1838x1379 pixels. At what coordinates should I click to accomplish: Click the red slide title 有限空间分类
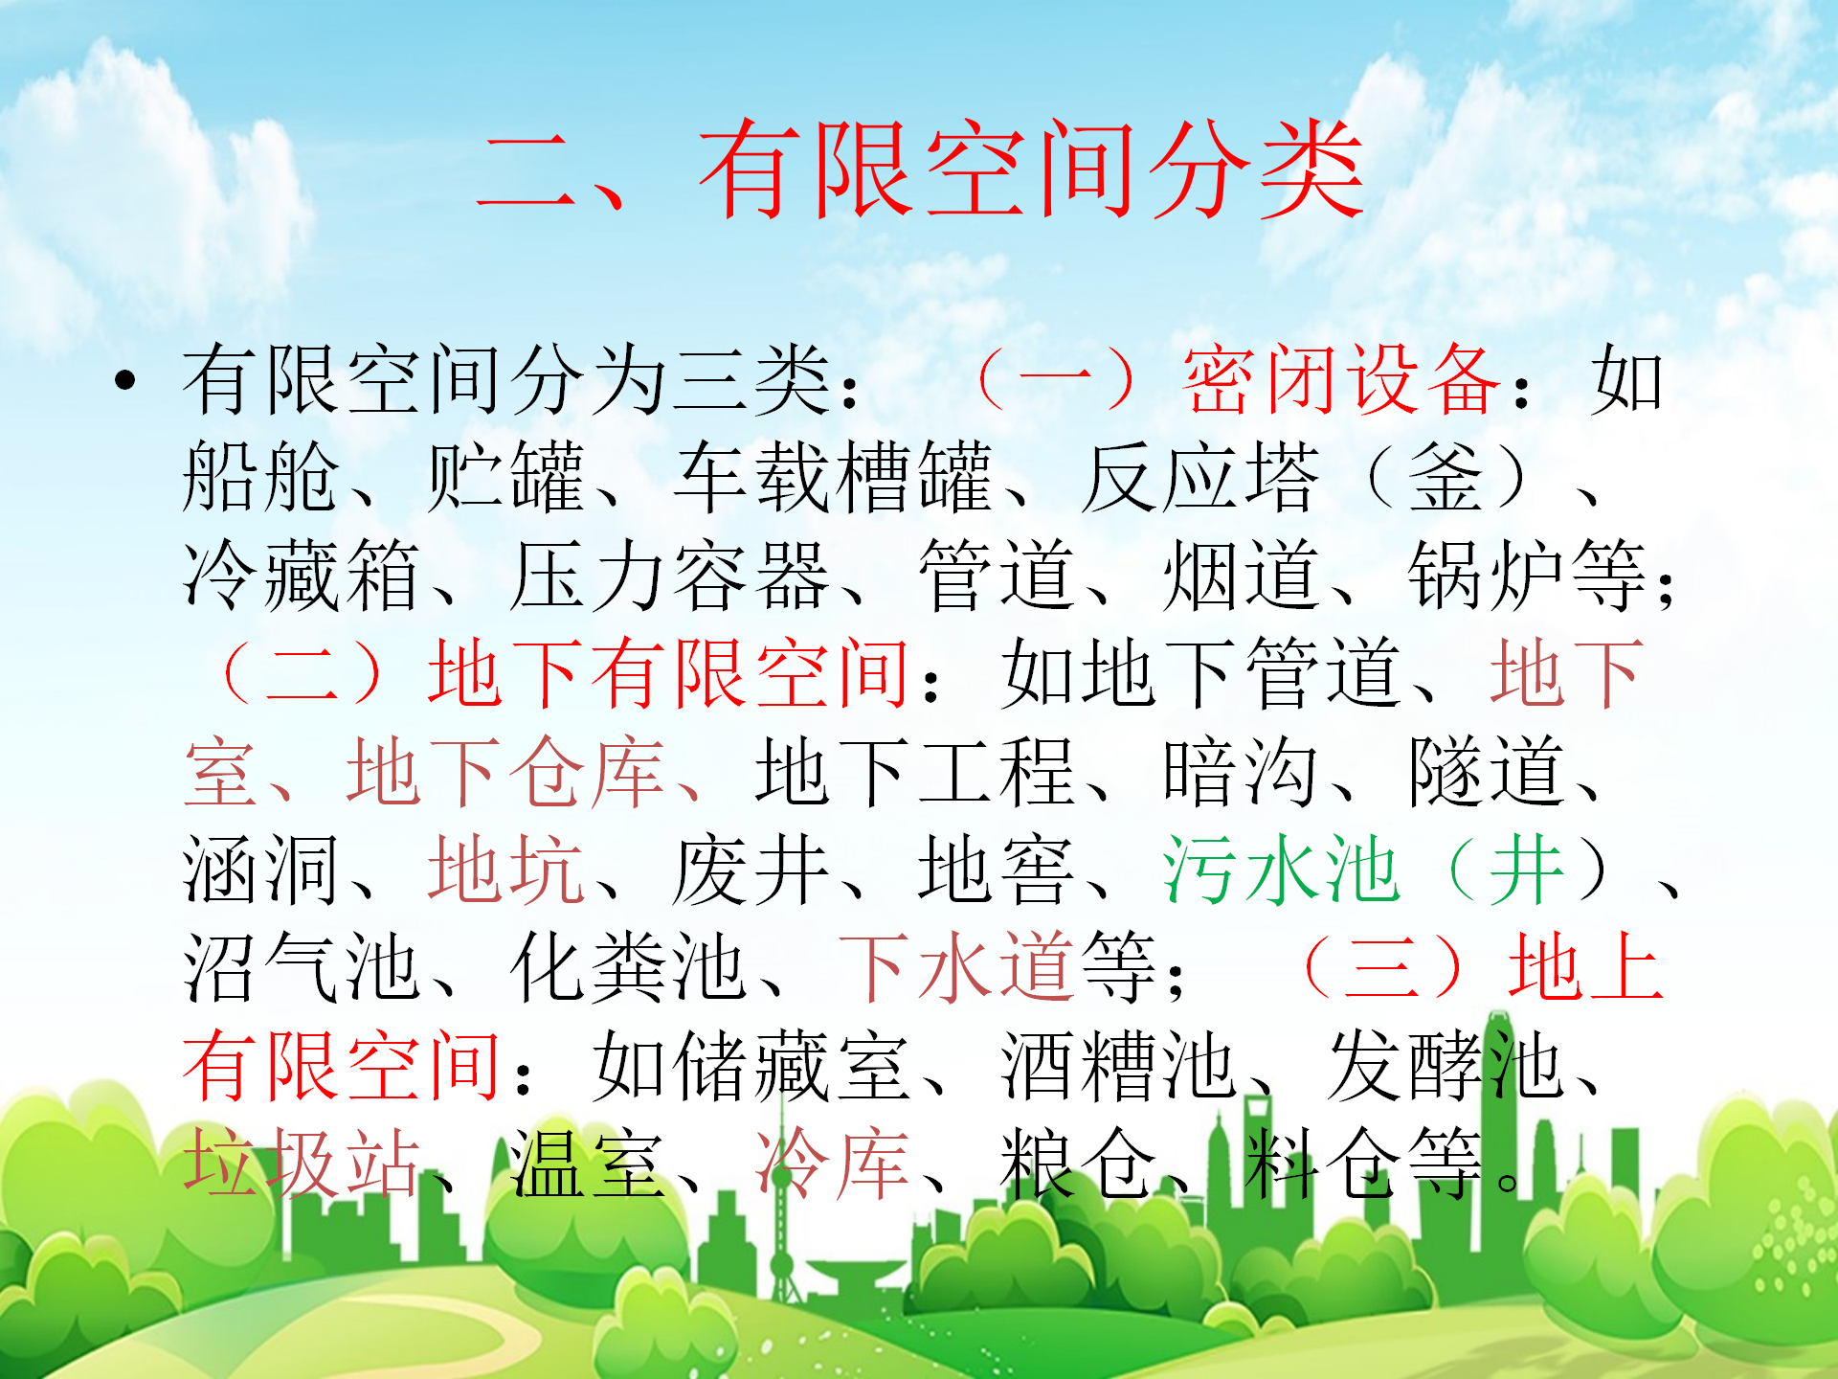[1031, 170]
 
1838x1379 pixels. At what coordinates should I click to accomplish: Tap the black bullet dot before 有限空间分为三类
[124, 381]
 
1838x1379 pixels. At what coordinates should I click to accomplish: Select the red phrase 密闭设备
[1342, 380]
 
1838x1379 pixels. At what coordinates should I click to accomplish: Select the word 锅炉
[1487, 576]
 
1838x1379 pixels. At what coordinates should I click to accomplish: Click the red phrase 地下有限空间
[668, 673]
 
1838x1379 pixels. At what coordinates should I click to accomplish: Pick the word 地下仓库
[506, 771]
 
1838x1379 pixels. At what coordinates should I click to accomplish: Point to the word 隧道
[1487, 771]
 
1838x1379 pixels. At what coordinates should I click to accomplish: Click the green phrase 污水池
[1282, 870]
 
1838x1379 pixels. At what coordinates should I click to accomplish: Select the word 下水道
[955, 968]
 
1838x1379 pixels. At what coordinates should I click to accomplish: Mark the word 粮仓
[1079, 1164]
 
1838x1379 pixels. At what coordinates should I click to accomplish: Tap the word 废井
[751, 870]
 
